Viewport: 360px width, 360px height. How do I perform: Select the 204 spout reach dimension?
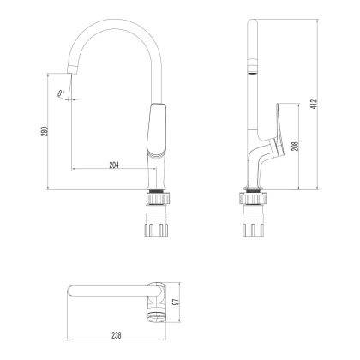(x=115, y=164)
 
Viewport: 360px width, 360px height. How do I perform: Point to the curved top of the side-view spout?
(x=251, y=24)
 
